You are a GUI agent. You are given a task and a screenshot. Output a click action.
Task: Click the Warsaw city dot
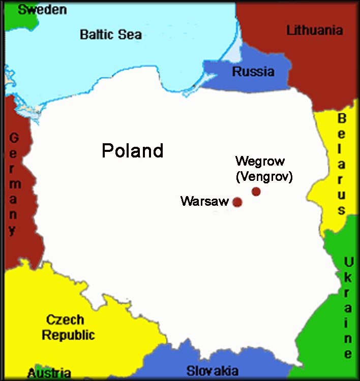[237, 202]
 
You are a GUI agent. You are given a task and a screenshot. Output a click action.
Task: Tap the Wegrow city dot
[256, 192]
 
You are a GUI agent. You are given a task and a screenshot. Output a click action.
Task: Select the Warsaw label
[204, 201]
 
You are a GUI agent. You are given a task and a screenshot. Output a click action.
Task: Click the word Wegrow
[260, 162]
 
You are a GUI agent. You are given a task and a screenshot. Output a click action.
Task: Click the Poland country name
[133, 151]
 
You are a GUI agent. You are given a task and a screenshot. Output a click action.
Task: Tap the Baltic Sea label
[111, 35]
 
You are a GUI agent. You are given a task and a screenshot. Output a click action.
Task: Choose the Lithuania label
[315, 30]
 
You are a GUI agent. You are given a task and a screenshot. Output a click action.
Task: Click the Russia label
[253, 72]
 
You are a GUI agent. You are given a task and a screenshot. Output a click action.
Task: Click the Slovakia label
[212, 370]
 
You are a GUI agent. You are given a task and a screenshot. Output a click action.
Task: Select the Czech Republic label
[68, 328]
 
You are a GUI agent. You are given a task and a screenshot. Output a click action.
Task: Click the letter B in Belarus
[342, 119]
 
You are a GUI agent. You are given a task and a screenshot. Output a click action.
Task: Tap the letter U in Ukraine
[348, 262]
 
